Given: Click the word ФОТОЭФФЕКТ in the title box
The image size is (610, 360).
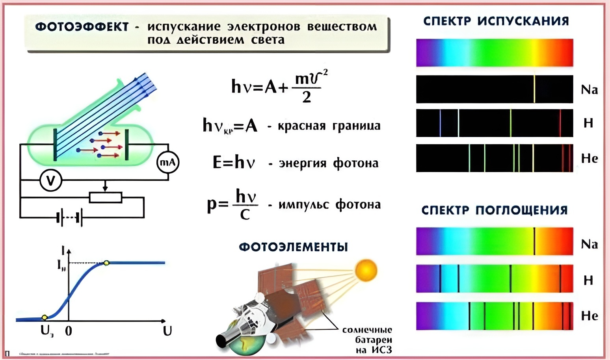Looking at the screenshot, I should (x=82, y=27).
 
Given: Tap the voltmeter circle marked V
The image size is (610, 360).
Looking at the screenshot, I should (x=51, y=180).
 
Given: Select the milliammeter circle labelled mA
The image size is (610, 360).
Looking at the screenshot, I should (x=168, y=162).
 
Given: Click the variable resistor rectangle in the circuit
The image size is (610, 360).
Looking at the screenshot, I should (x=106, y=197).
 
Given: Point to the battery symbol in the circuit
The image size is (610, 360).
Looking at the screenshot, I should (x=70, y=217).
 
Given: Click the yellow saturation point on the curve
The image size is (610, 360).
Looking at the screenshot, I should (x=106, y=263).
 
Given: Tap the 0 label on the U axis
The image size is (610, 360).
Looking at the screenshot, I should (x=69, y=331).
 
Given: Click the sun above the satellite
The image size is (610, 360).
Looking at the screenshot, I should (x=366, y=271).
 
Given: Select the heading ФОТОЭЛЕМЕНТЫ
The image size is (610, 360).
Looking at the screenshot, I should (x=294, y=247).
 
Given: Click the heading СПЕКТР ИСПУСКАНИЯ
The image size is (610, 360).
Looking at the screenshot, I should (x=496, y=21).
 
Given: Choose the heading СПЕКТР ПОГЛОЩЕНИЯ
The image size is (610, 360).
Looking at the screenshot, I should (x=495, y=210).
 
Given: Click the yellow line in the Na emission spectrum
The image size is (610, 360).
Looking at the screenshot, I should (x=534, y=89).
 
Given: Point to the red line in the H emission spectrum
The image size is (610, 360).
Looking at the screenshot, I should (x=560, y=123).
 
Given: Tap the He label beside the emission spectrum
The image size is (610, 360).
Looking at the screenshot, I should (x=590, y=158).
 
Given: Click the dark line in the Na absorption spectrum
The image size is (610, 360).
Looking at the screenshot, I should (x=534, y=241).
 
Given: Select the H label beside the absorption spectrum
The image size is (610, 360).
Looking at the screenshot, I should (x=588, y=280).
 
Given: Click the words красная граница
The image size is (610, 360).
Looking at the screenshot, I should (x=329, y=126).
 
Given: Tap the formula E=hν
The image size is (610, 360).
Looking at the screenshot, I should (x=234, y=162).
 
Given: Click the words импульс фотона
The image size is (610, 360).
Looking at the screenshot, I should (x=329, y=205).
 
